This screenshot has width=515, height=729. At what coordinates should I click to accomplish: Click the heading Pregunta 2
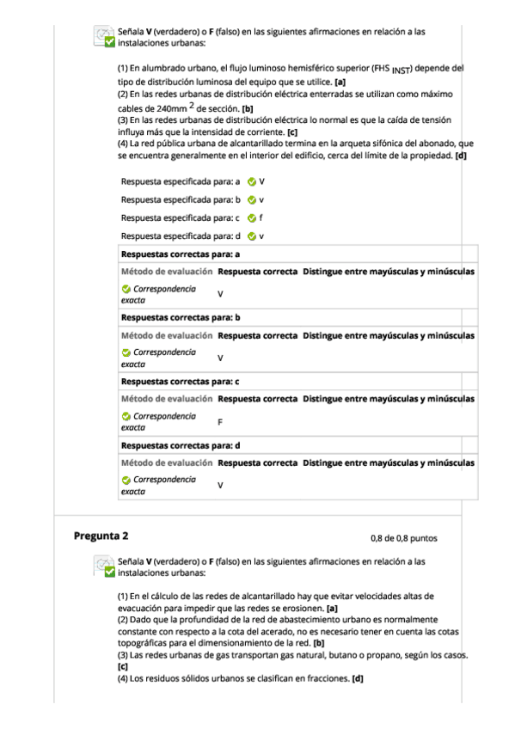point(101,536)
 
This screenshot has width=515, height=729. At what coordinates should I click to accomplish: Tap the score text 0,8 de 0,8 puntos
point(403,538)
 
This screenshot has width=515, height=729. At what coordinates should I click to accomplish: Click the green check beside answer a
point(251,182)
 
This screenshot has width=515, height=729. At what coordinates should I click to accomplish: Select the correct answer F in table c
point(221,421)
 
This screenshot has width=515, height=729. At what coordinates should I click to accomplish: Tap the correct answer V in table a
point(221,294)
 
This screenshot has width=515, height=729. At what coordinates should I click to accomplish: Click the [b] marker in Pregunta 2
point(318,642)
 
